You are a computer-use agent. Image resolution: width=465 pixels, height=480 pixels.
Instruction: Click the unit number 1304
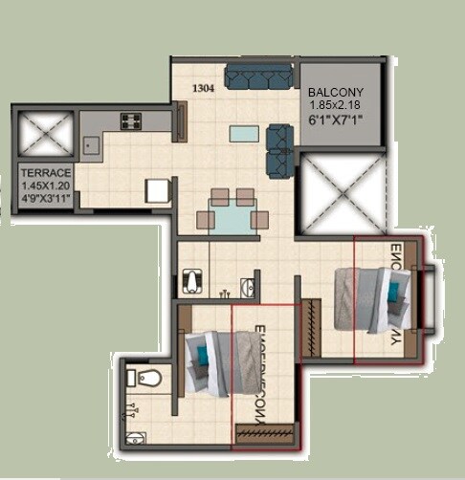202,89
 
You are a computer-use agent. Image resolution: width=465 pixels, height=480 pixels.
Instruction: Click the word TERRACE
42,173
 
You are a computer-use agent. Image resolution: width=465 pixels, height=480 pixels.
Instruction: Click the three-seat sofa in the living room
258,77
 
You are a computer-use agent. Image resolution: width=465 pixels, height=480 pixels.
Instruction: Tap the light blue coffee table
242,133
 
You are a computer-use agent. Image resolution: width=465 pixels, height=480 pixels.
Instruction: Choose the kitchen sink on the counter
92,145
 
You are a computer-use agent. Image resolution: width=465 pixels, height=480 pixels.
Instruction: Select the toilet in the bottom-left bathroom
145,378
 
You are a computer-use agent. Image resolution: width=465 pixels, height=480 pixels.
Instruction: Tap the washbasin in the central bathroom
248,284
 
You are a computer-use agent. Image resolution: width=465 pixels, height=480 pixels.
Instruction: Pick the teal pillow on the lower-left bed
202,356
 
